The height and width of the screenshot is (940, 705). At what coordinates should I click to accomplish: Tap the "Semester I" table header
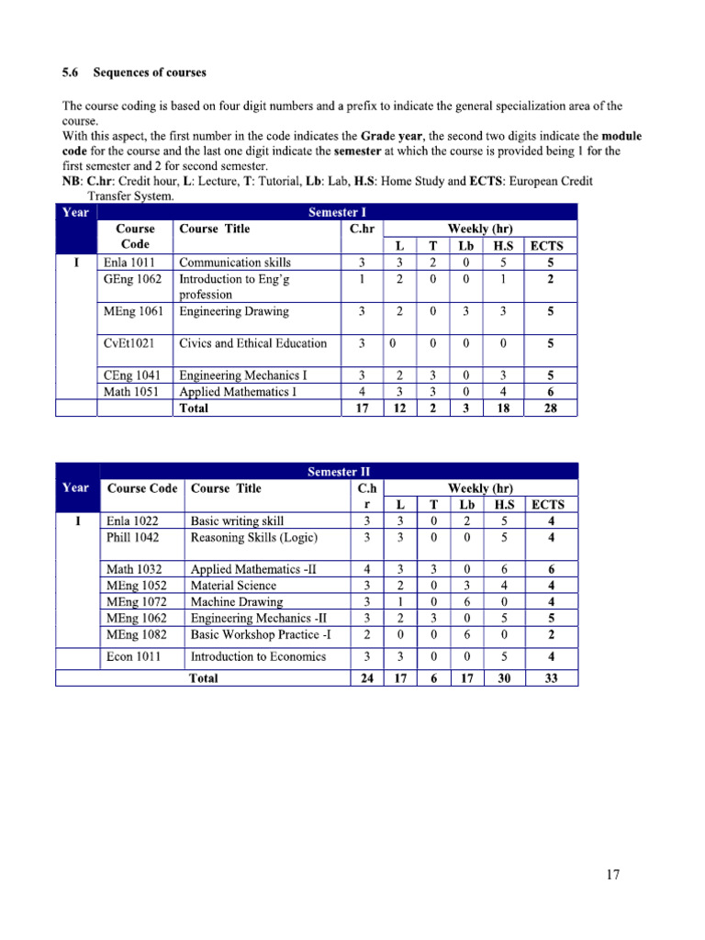(x=337, y=212)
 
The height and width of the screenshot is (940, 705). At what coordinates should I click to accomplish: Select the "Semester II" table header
(x=339, y=472)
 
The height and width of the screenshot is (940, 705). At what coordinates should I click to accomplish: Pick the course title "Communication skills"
(x=235, y=263)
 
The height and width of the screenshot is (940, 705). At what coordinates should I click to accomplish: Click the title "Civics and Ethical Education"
(x=252, y=343)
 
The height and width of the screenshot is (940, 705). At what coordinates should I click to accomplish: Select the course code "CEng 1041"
(x=131, y=375)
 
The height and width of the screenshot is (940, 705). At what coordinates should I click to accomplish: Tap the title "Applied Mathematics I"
(x=242, y=392)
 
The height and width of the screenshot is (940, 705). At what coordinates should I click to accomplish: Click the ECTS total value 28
(x=550, y=408)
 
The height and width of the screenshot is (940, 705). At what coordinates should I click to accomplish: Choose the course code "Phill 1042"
(x=132, y=537)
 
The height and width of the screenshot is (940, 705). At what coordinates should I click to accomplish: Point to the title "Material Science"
(x=233, y=585)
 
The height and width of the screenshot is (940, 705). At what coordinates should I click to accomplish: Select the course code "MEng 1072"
(x=136, y=601)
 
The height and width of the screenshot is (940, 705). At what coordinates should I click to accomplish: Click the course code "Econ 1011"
(x=132, y=656)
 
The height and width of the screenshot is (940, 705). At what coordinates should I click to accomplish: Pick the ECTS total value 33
(x=550, y=678)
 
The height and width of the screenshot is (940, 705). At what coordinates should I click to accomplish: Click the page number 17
(x=613, y=875)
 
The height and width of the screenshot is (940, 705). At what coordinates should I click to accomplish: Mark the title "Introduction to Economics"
(x=258, y=656)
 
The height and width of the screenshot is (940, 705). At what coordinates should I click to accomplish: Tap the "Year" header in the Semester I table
(x=75, y=212)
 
